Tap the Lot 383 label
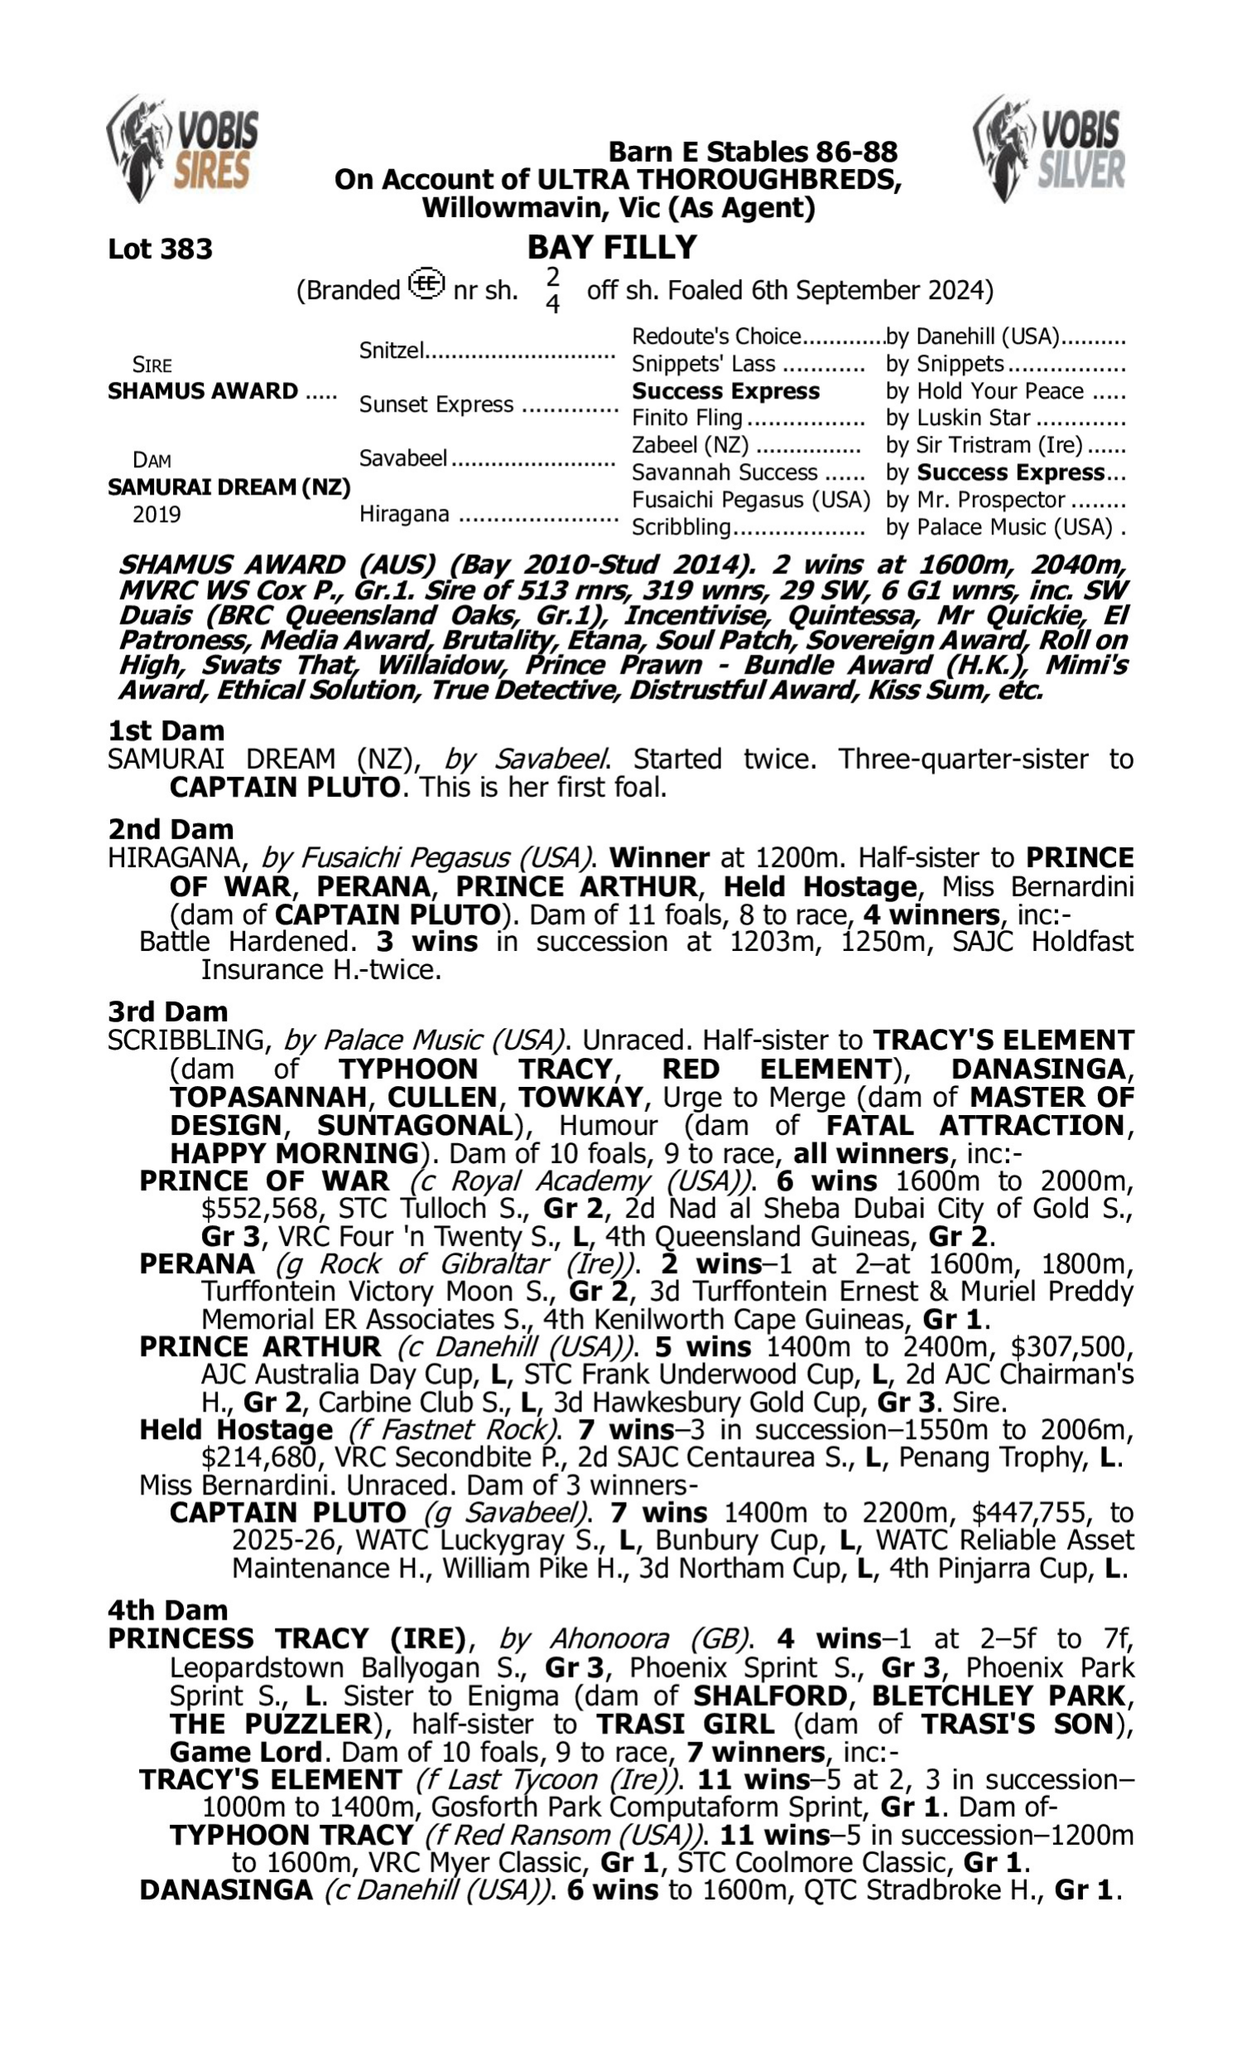(160, 249)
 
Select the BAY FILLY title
(612, 248)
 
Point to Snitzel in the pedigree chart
(392, 350)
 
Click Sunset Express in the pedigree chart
(436, 404)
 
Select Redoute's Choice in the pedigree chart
(716, 336)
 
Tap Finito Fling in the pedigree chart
(687, 418)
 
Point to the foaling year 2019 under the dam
(156, 514)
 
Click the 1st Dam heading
(166, 731)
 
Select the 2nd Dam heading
(170, 829)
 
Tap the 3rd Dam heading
(167, 1011)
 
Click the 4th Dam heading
(167, 1610)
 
